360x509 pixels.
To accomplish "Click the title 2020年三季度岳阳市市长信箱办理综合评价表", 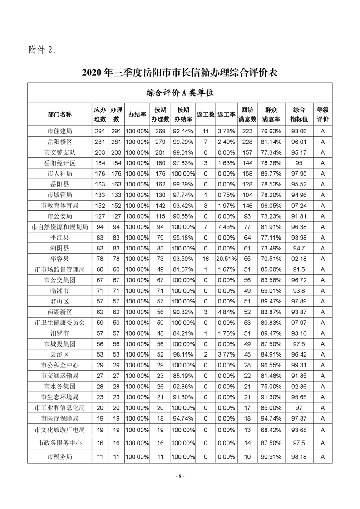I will click(x=180, y=72).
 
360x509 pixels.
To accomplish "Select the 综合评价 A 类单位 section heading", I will click(x=180, y=93).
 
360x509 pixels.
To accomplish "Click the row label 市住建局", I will click(x=59, y=131).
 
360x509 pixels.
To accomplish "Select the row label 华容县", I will click(x=59, y=259).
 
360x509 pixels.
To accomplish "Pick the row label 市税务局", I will click(x=59, y=456).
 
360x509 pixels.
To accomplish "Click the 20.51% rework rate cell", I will click(x=226, y=259).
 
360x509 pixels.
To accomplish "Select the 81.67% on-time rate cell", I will click(x=183, y=269).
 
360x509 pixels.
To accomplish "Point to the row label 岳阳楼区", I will click(x=59, y=142).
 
